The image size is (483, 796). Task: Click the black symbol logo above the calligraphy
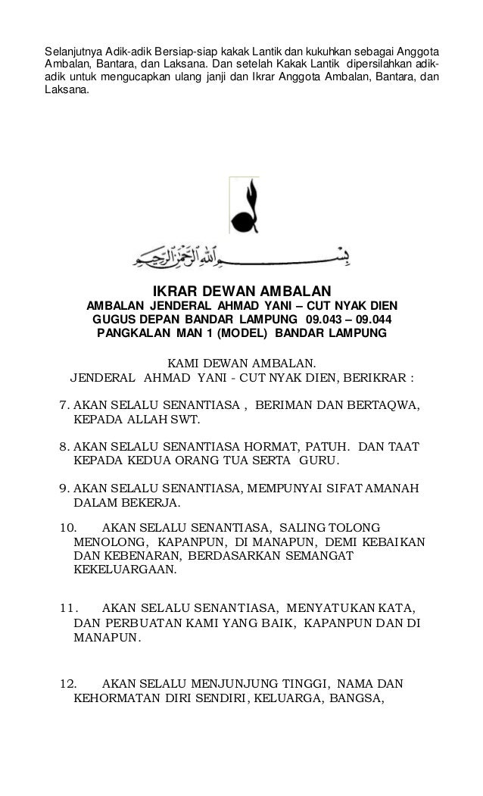click(x=243, y=204)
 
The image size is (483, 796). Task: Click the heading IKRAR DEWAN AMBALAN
click(x=242, y=292)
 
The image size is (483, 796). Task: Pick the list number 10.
click(x=68, y=528)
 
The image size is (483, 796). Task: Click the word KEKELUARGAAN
click(x=125, y=569)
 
